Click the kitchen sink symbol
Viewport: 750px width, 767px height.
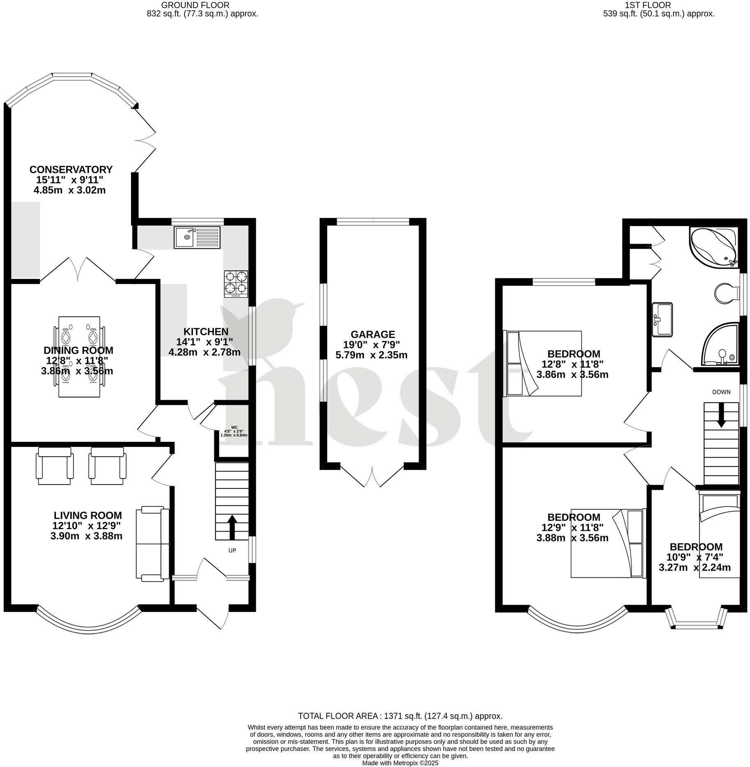tap(197, 237)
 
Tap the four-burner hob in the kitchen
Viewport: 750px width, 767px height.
tap(236, 284)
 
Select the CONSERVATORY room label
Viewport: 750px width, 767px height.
tap(71, 170)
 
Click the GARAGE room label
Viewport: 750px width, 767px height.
tap(373, 334)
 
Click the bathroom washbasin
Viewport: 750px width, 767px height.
tap(662, 319)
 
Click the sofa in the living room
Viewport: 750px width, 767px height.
tap(153, 544)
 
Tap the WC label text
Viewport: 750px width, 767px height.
tap(234, 427)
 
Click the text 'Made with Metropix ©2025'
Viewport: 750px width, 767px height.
tap(400, 763)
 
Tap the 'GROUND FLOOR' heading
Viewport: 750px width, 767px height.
tap(195, 5)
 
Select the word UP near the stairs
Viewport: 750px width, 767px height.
tap(232, 550)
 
